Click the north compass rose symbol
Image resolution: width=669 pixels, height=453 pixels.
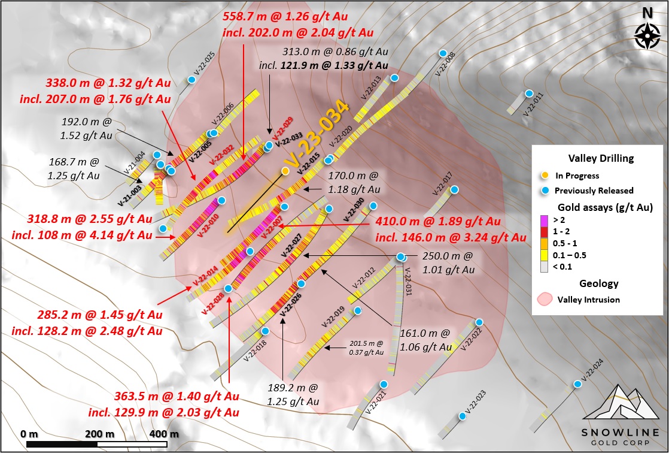click(x=647, y=35)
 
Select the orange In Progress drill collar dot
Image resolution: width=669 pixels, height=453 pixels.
click(x=285, y=171)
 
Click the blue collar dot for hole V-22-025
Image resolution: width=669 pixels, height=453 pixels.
click(x=192, y=79)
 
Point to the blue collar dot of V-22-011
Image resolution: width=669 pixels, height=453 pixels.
click(x=529, y=93)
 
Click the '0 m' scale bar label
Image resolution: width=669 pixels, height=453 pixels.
click(x=29, y=433)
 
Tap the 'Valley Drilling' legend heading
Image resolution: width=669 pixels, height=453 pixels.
click(x=592, y=158)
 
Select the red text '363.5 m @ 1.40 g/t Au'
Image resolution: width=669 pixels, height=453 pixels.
click(x=176, y=397)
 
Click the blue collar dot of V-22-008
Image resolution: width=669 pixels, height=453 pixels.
click(x=443, y=53)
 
